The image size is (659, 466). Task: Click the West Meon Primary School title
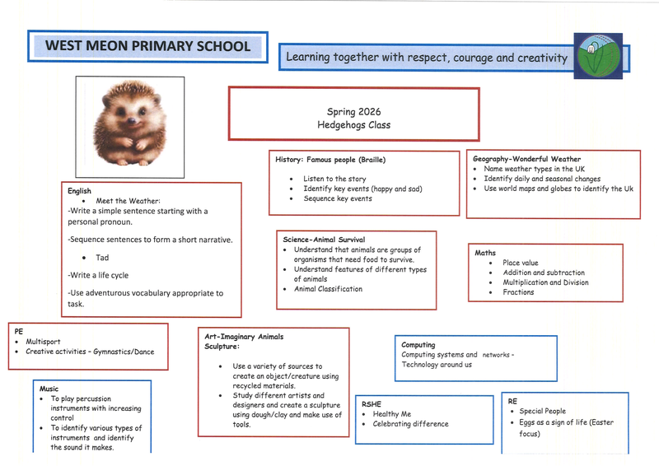(x=148, y=46)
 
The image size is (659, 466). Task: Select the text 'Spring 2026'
(x=353, y=112)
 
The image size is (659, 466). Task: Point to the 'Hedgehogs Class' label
(x=353, y=125)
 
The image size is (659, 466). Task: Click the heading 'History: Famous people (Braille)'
(x=329, y=160)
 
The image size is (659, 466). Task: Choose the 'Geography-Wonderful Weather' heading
(x=526, y=159)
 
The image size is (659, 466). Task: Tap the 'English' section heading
(x=79, y=191)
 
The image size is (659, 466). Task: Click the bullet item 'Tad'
(x=102, y=258)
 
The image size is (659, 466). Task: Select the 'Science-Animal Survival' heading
(x=323, y=240)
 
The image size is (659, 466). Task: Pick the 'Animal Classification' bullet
(x=328, y=289)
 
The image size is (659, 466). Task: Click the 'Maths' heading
(x=485, y=253)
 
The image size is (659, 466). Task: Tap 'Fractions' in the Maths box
(x=518, y=292)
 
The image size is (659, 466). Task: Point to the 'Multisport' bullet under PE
(x=43, y=342)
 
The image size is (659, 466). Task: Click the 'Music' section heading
(x=49, y=388)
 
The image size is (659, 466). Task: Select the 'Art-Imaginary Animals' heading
(x=243, y=337)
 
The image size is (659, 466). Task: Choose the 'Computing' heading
(x=418, y=345)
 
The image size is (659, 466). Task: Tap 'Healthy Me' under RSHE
(x=391, y=414)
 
